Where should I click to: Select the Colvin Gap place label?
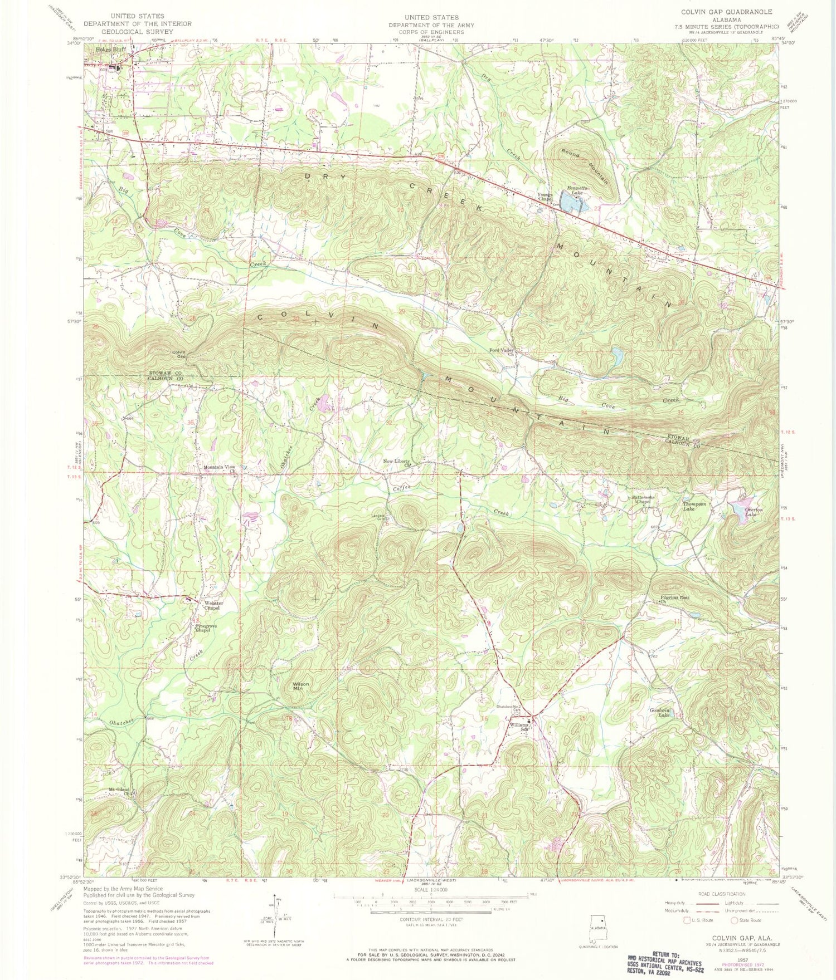click(178, 354)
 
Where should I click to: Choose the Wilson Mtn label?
click(302, 686)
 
